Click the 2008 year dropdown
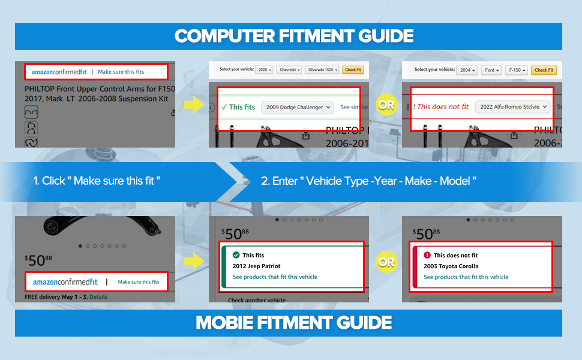[264, 70]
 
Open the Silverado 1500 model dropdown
[322, 70]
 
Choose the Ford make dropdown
[491, 70]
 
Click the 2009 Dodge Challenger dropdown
[297, 107]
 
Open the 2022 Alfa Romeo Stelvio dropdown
[513, 107]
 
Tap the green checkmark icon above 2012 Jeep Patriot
[236, 255]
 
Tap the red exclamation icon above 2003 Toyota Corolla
[427, 255]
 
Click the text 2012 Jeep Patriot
[256, 266]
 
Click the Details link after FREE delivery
[98, 297]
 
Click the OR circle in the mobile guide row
[387, 262]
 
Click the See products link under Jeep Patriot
[275, 277]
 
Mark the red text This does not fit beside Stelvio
[441, 107]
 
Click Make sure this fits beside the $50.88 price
[139, 282]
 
